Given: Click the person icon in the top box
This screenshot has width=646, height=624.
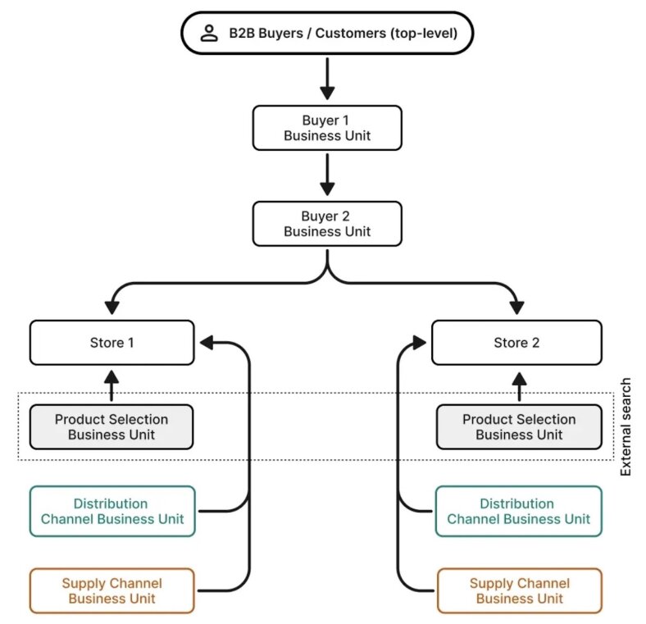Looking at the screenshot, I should pyautogui.click(x=210, y=34).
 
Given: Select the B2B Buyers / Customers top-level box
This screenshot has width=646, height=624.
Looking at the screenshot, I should pyautogui.click(x=326, y=34).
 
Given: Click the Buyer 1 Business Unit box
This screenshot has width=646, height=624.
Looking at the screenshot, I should pyautogui.click(x=326, y=128).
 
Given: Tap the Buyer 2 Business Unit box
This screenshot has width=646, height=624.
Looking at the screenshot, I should pyautogui.click(x=326, y=224).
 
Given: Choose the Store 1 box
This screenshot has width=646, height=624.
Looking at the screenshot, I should pyautogui.click(x=112, y=343).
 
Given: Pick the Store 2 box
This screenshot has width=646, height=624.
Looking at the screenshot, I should pyautogui.click(x=516, y=343).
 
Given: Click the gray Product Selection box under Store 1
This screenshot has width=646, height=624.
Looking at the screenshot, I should pyautogui.click(x=112, y=426).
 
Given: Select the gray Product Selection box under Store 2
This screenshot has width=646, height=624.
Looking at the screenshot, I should pyautogui.click(x=518, y=426).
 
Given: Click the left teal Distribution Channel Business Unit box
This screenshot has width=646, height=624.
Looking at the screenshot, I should pyautogui.click(x=112, y=511).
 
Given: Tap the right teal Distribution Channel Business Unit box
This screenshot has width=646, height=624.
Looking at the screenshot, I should pyautogui.click(x=518, y=511).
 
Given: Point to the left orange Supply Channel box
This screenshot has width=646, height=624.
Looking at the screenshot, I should pyautogui.click(x=112, y=590).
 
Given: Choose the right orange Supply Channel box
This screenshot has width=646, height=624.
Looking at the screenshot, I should pyautogui.click(x=518, y=590).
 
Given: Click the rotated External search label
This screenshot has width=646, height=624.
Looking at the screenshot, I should pyautogui.click(x=626, y=426).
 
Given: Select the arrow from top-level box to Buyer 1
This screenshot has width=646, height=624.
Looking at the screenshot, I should pyautogui.click(x=327, y=80).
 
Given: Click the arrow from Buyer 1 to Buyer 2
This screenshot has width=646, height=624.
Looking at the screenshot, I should pyautogui.click(x=327, y=175).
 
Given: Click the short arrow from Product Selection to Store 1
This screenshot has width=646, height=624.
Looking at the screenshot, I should pyautogui.click(x=112, y=385).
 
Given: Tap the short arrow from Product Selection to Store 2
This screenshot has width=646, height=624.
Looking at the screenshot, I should pyautogui.click(x=518, y=385).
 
